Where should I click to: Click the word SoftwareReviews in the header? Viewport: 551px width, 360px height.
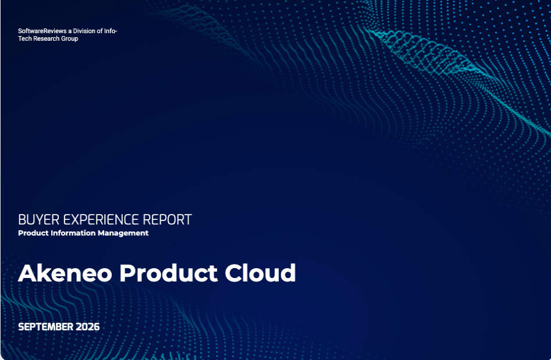[x=42, y=31]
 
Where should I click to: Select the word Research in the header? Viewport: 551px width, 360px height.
[x=47, y=38]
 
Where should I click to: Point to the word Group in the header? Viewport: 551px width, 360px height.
[x=70, y=38]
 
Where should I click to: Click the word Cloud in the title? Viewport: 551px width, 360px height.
[x=260, y=273]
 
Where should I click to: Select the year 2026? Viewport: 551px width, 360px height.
[x=88, y=327]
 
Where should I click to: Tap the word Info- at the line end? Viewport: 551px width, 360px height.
[x=111, y=31]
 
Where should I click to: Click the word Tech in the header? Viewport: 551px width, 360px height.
[x=25, y=38]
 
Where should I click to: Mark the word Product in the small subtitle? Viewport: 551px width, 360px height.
[x=33, y=233]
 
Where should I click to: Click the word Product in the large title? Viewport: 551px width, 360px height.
[x=168, y=273]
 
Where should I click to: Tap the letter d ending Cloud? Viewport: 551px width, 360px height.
[x=288, y=273]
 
